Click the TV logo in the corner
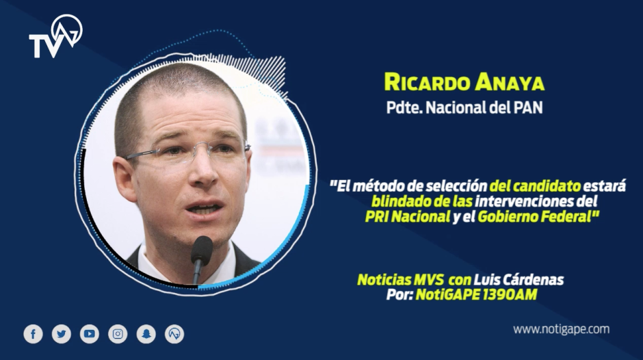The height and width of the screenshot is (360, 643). [x=55, y=37]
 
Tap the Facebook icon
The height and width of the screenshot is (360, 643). [x=33, y=333]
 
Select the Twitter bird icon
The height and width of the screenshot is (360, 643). [x=62, y=333]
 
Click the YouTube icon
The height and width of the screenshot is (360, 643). [x=90, y=333]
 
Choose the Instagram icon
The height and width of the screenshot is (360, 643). [x=118, y=333]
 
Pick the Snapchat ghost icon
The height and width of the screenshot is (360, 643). [x=146, y=333]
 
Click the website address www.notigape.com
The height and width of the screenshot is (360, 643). [x=561, y=329]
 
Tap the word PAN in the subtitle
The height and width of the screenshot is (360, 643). [x=527, y=107]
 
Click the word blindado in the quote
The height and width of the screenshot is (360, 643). [x=397, y=202]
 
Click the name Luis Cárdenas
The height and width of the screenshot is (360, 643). [x=525, y=280]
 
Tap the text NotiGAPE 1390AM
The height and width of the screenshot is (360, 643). [x=476, y=294]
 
